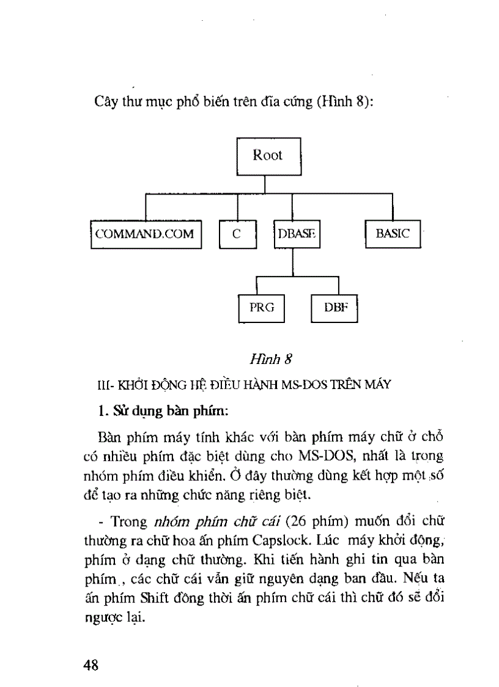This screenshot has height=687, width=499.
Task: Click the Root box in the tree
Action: point(268,155)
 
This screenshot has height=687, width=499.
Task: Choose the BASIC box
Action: point(393,233)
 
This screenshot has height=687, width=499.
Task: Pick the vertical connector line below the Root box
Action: point(265,185)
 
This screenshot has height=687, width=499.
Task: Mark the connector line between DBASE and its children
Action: point(294,262)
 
